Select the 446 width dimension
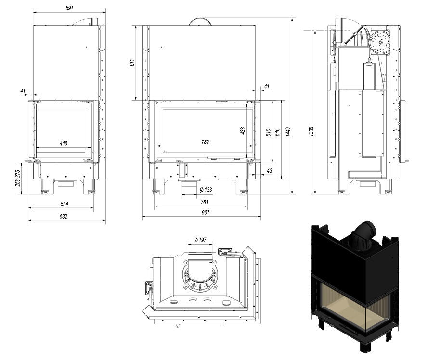63,143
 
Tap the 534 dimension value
64,204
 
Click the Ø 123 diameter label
206,190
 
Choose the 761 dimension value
204,202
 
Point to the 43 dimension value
269,171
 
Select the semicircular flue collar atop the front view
201,21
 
